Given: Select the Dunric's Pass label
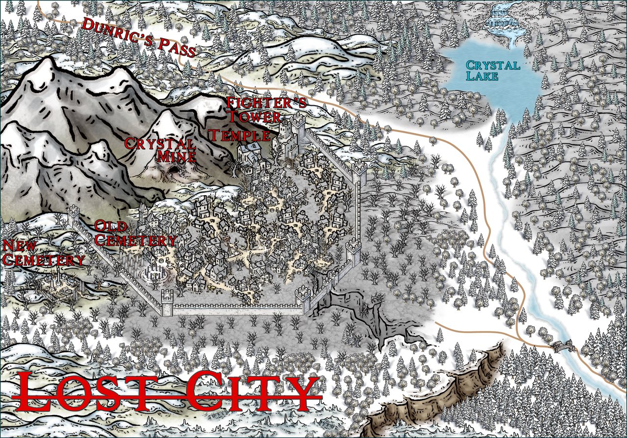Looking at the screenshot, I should (x=139, y=37).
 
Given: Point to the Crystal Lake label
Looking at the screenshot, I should (x=492, y=70).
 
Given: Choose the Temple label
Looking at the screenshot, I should (x=239, y=135).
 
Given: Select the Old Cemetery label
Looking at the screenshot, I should (x=135, y=233).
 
